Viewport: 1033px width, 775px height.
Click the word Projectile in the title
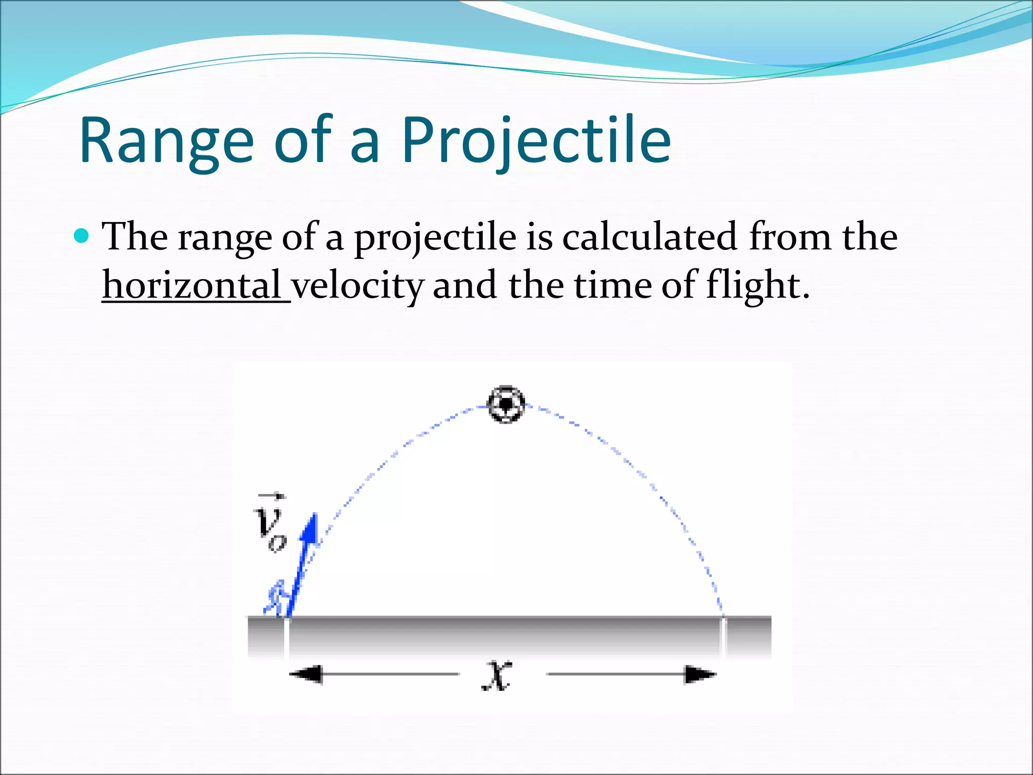tap(536, 141)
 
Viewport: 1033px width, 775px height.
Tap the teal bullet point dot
tap(81, 236)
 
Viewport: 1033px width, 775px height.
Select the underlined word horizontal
tap(192, 285)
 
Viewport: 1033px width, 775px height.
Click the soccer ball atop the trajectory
tap(506, 404)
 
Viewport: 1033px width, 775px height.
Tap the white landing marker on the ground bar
tap(723, 637)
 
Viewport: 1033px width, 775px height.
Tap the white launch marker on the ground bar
tap(286, 637)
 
